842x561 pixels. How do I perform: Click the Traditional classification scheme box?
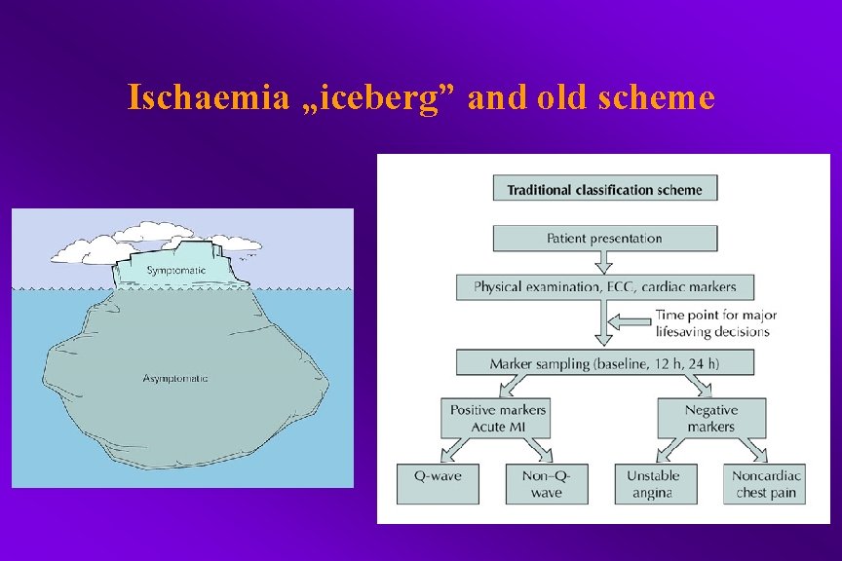(x=605, y=188)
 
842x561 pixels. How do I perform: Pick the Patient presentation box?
(x=605, y=239)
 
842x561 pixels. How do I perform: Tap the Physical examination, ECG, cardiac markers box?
(x=605, y=287)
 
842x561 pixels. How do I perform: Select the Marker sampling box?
(x=605, y=363)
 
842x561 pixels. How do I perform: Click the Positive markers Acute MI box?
(x=498, y=418)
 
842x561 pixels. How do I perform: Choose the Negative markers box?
(x=711, y=418)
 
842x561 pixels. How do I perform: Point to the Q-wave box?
(x=438, y=484)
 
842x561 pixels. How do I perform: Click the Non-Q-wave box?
(x=547, y=484)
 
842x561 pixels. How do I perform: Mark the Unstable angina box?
(x=654, y=484)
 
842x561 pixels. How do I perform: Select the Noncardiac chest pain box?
(x=768, y=484)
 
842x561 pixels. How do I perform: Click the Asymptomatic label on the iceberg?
(x=175, y=378)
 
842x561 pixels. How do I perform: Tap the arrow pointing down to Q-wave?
(x=458, y=449)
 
